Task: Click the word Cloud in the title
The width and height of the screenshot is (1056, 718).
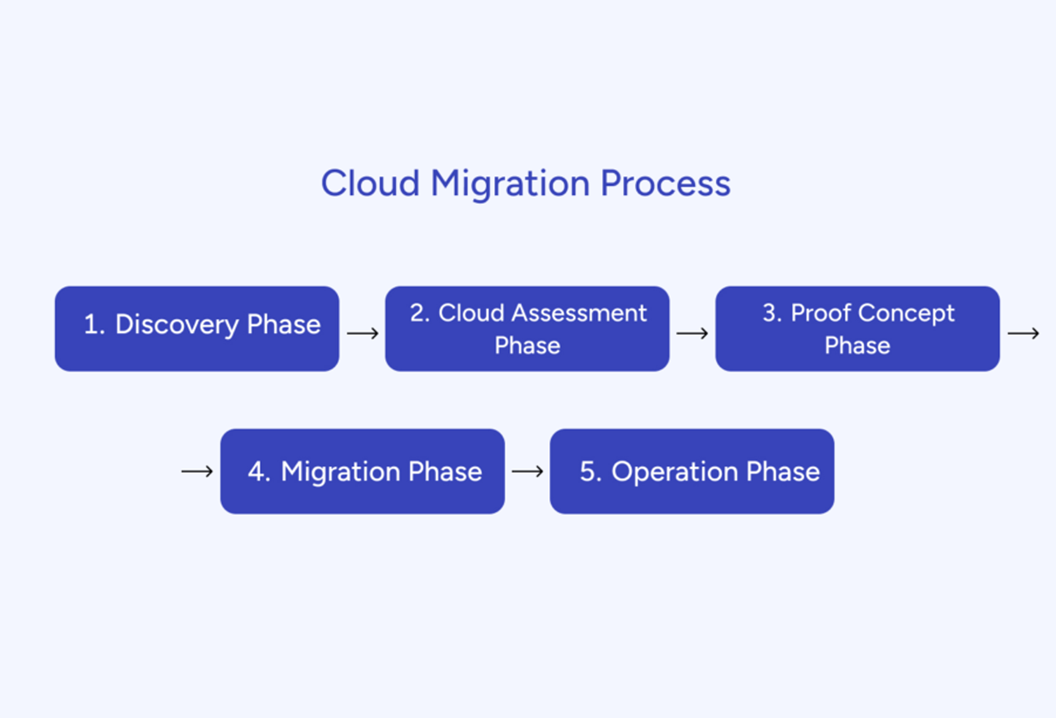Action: (x=370, y=183)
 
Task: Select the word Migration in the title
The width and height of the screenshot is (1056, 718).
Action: (x=510, y=185)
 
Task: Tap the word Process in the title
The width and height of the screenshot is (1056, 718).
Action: (x=666, y=183)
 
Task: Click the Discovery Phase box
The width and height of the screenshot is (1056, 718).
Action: (x=197, y=329)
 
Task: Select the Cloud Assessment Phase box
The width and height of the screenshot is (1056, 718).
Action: (x=527, y=329)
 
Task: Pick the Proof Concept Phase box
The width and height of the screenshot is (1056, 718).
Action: (x=857, y=329)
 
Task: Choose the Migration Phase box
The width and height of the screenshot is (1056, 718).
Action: (x=362, y=471)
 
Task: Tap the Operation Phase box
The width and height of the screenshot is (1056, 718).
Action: (x=692, y=471)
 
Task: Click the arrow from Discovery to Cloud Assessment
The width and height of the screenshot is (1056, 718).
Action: (x=362, y=333)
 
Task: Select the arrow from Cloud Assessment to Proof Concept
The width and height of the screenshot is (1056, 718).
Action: (x=692, y=333)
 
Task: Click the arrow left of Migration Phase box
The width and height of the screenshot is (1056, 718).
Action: (x=197, y=471)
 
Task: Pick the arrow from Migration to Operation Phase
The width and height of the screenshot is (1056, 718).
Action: (x=527, y=471)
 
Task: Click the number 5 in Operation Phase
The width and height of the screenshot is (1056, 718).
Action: (x=588, y=471)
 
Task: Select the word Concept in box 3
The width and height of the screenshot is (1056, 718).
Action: (x=906, y=314)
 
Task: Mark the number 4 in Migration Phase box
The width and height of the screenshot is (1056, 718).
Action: (x=257, y=471)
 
